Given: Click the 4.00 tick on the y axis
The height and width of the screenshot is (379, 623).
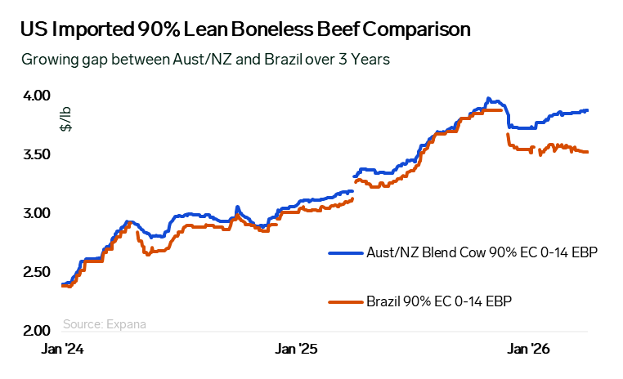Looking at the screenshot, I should (x=37, y=96).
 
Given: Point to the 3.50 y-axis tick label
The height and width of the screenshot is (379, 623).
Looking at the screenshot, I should (x=37, y=155).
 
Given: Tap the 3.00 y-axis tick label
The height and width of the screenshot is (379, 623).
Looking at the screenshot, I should (x=37, y=214).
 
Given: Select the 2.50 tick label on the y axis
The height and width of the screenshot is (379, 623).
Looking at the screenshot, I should (x=37, y=273).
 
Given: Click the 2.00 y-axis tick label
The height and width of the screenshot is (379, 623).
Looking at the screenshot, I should (x=37, y=331).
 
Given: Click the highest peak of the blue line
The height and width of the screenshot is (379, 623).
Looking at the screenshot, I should (x=488, y=98).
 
